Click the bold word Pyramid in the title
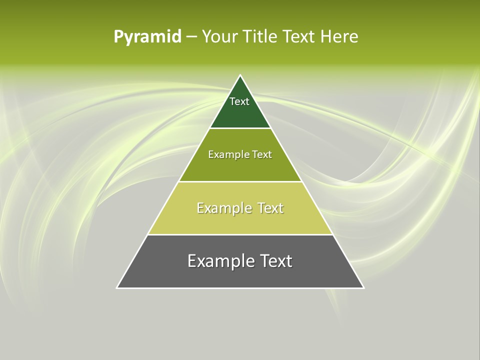[147, 37]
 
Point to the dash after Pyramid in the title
[191, 37]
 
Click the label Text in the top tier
[239, 101]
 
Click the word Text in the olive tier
[262, 155]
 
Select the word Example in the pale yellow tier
[223, 208]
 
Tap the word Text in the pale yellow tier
[270, 208]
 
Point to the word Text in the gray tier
[276, 261]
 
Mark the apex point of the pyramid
[240, 75]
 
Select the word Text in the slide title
[299, 36]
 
